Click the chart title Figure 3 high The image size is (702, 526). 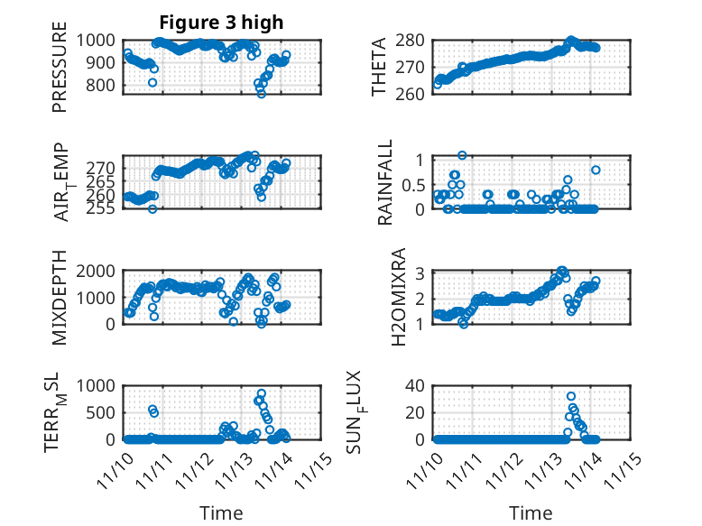(222, 22)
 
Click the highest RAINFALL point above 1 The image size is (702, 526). (462, 155)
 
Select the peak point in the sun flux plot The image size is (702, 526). (571, 396)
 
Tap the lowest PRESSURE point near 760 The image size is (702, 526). (262, 94)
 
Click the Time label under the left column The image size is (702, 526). (222, 513)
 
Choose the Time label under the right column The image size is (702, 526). (531, 513)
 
